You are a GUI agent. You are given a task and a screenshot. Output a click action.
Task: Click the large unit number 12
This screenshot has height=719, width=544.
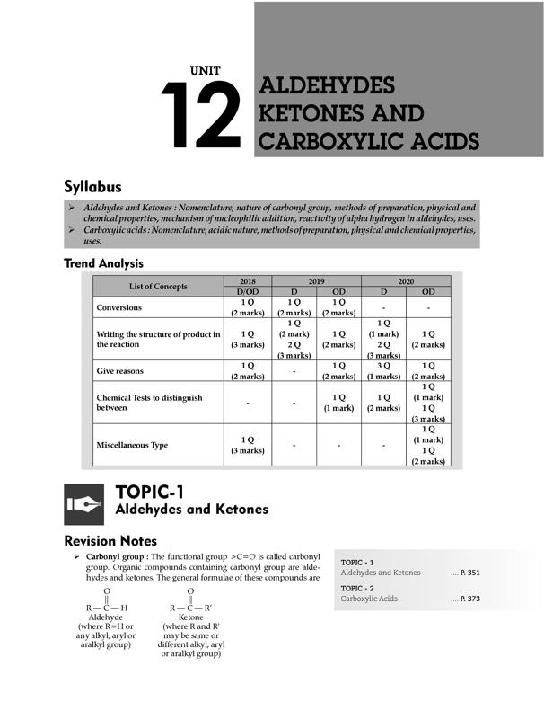[x=202, y=115]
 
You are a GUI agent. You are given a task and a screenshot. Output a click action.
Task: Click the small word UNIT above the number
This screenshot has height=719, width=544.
[x=206, y=70]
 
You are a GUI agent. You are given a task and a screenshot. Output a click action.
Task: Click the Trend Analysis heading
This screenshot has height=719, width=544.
[x=103, y=263]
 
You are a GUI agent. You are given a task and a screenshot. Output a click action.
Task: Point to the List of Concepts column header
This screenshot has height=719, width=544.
[x=158, y=286]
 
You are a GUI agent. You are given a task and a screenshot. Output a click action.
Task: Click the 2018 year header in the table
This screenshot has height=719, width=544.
[x=247, y=281]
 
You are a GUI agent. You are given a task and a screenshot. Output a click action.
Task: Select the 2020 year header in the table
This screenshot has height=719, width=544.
[x=406, y=281]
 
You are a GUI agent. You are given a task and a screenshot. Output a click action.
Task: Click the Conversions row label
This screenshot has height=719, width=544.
[x=119, y=307]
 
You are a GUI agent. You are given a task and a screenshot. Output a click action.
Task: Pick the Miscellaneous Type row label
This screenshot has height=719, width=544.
[x=132, y=445]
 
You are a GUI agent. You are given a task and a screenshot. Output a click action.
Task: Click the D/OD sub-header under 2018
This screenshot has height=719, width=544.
[x=247, y=292]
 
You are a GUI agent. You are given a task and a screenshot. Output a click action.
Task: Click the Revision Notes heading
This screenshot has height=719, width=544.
[x=111, y=541]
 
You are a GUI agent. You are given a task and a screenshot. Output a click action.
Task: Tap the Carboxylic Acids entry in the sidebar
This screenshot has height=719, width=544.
[x=369, y=598]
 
